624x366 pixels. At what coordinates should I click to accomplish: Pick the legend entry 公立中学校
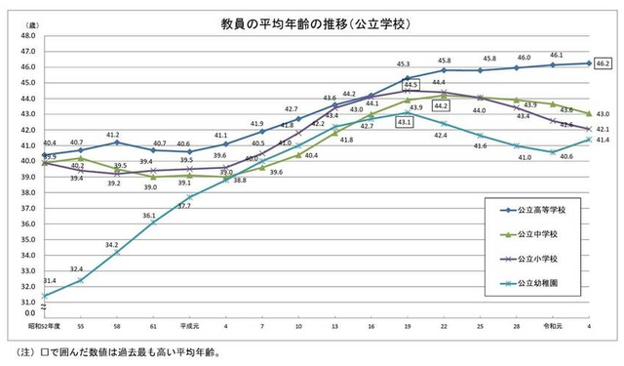541,235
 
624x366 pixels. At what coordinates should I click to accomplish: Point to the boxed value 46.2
602,63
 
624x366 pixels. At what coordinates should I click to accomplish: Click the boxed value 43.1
404,122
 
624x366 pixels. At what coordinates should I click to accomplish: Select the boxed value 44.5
410,85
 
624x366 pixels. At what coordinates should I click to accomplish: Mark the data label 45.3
404,64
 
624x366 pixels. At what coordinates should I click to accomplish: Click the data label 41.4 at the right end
602,141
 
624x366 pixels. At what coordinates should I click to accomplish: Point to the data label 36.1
148,215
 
